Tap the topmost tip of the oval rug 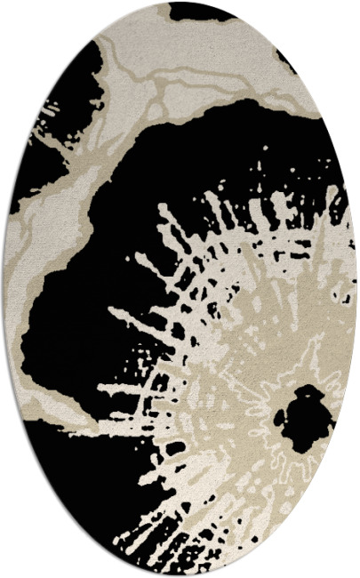coord(180,2)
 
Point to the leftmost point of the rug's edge coord(4,289)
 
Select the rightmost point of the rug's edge coord(356,289)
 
